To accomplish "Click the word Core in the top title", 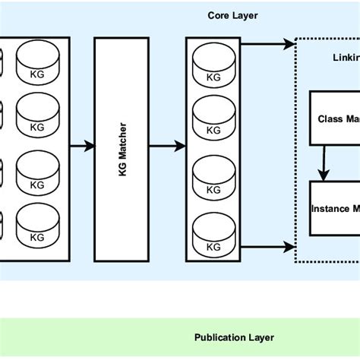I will pyautogui.click(x=218, y=15).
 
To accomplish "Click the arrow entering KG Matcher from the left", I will pyautogui.click(x=82, y=144).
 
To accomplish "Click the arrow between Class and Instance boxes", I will pyautogui.click(x=325, y=163).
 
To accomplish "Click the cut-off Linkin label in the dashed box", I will pyautogui.click(x=346, y=58).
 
